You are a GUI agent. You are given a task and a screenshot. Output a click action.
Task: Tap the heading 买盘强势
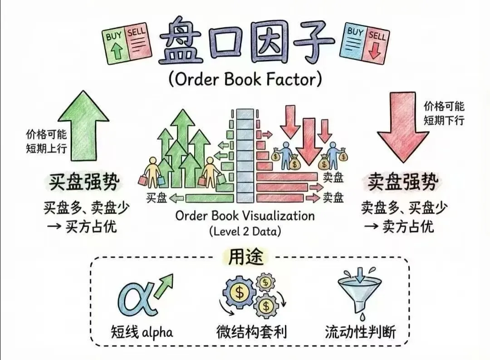pyautogui.click(x=84, y=183)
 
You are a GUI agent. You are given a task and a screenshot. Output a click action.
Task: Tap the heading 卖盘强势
pyautogui.click(x=402, y=183)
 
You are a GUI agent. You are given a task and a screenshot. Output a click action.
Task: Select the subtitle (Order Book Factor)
pyautogui.click(x=245, y=80)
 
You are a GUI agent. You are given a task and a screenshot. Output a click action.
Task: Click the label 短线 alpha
pyautogui.click(x=142, y=332)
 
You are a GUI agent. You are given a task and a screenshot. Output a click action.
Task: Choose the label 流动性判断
pyautogui.click(x=360, y=332)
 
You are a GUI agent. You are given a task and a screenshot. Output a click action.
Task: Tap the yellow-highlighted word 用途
pyautogui.click(x=245, y=258)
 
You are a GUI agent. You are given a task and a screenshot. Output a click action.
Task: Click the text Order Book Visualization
pyautogui.click(x=245, y=215)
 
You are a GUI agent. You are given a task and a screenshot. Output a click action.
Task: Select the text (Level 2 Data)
pyautogui.click(x=245, y=231)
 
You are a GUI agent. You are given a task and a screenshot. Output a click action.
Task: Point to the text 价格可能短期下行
pyautogui.click(x=444, y=113)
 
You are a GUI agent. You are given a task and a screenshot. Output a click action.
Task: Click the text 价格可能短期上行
pyautogui.click(x=46, y=141)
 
